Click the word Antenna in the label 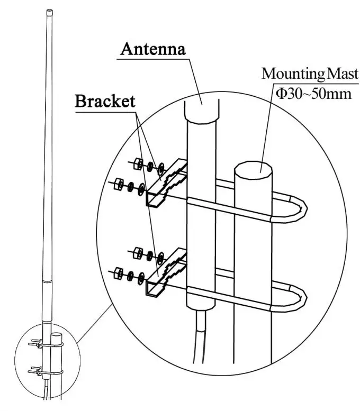pyautogui.click(x=153, y=49)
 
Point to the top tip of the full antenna pyautogui.click(x=49, y=11)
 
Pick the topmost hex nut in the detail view pyautogui.click(x=139, y=162)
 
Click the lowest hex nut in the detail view pyautogui.click(x=119, y=272)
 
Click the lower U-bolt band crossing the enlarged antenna pyautogui.click(x=202, y=291)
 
